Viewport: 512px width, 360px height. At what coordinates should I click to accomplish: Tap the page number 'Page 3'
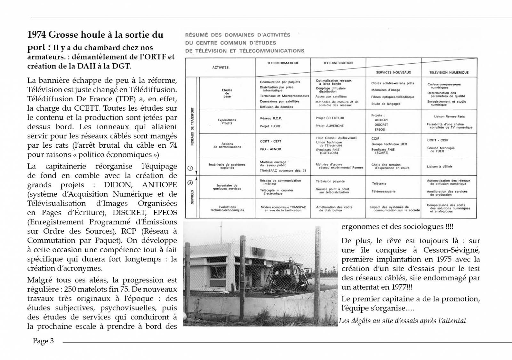(43, 341)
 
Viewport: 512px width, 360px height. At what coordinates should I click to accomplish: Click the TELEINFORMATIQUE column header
(283, 63)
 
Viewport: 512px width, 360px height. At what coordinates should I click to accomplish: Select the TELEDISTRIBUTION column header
(338, 63)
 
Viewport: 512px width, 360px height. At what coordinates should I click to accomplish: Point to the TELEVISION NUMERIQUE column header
(449, 73)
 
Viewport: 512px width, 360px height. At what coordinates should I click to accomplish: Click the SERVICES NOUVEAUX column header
(393, 73)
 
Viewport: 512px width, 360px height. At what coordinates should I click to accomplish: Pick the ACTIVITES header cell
(220, 67)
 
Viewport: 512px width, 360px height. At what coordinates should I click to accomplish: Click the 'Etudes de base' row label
(227, 93)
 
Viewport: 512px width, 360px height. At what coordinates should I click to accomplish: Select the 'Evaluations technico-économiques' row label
(227, 208)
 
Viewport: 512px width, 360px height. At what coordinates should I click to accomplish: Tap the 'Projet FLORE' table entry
(270, 126)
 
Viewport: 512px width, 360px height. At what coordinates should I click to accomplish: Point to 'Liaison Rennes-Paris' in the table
(449, 117)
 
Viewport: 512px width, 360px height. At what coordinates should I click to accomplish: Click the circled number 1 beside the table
(189, 168)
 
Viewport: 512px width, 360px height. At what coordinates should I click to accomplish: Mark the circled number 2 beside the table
(189, 183)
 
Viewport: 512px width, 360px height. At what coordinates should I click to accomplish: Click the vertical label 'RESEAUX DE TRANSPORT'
(192, 126)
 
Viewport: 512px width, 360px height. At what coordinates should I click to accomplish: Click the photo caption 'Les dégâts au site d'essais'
(402, 321)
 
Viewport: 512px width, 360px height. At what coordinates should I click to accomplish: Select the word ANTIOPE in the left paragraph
(159, 185)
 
